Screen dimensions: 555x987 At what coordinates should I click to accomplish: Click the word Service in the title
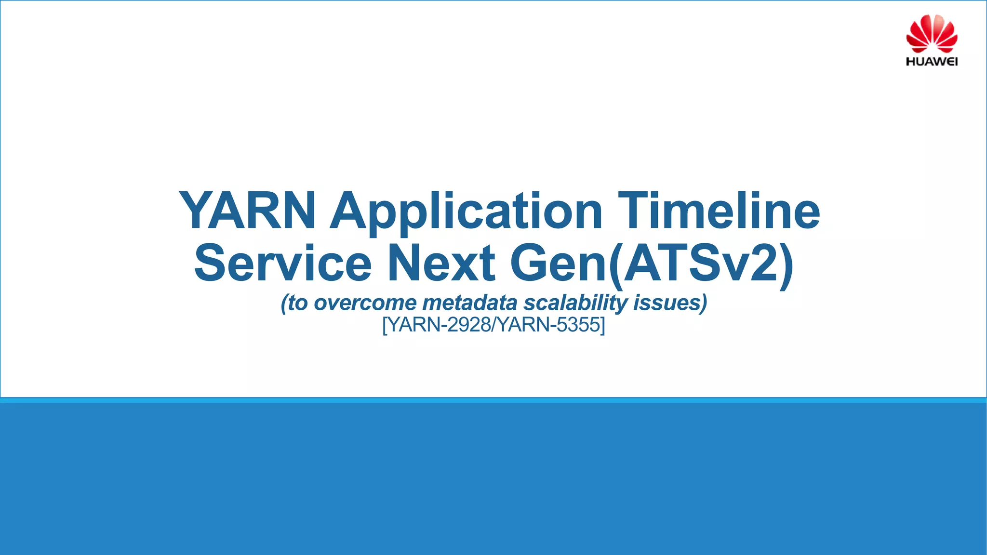pos(283,263)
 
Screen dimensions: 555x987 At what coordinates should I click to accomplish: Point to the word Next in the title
pos(441,263)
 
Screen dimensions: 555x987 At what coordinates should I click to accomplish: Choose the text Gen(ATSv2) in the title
pos(652,264)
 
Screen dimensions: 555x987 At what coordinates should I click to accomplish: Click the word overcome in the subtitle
pos(365,303)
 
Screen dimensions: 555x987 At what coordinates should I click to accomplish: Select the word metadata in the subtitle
pos(470,303)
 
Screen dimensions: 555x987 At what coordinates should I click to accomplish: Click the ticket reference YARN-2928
pos(439,325)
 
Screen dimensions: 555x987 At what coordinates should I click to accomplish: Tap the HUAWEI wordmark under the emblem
pos(932,62)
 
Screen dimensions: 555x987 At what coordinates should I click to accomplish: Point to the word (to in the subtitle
pos(294,303)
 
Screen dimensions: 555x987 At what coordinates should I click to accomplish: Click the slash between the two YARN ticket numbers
pos(493,325)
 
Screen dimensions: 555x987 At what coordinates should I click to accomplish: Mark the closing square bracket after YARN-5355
pos(602,325)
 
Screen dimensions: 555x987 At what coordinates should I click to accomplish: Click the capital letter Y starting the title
pos(195,211)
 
